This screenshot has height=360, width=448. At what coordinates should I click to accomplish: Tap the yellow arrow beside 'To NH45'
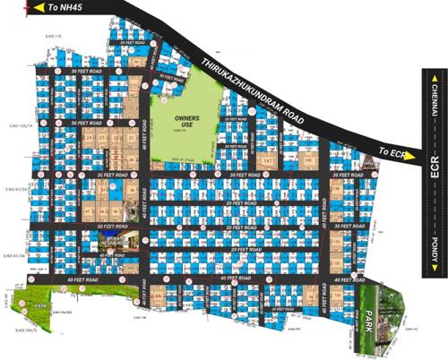click(x=38, y=8)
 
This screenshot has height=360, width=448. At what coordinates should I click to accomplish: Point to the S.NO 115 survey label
click(x=50, y=35)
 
